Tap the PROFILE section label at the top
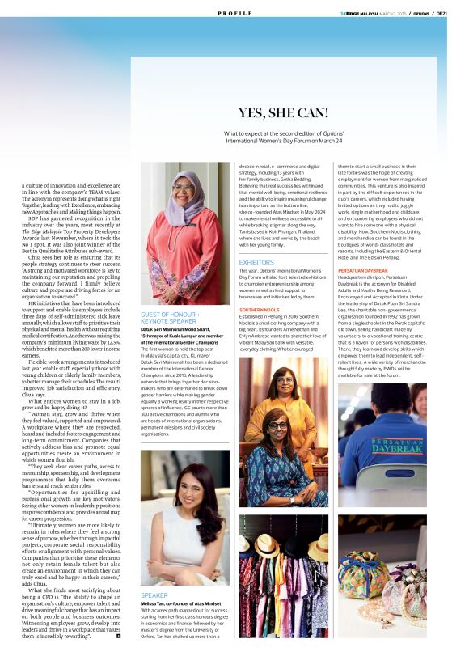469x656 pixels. coord(234,14)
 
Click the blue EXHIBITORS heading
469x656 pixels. coord(257,262)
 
